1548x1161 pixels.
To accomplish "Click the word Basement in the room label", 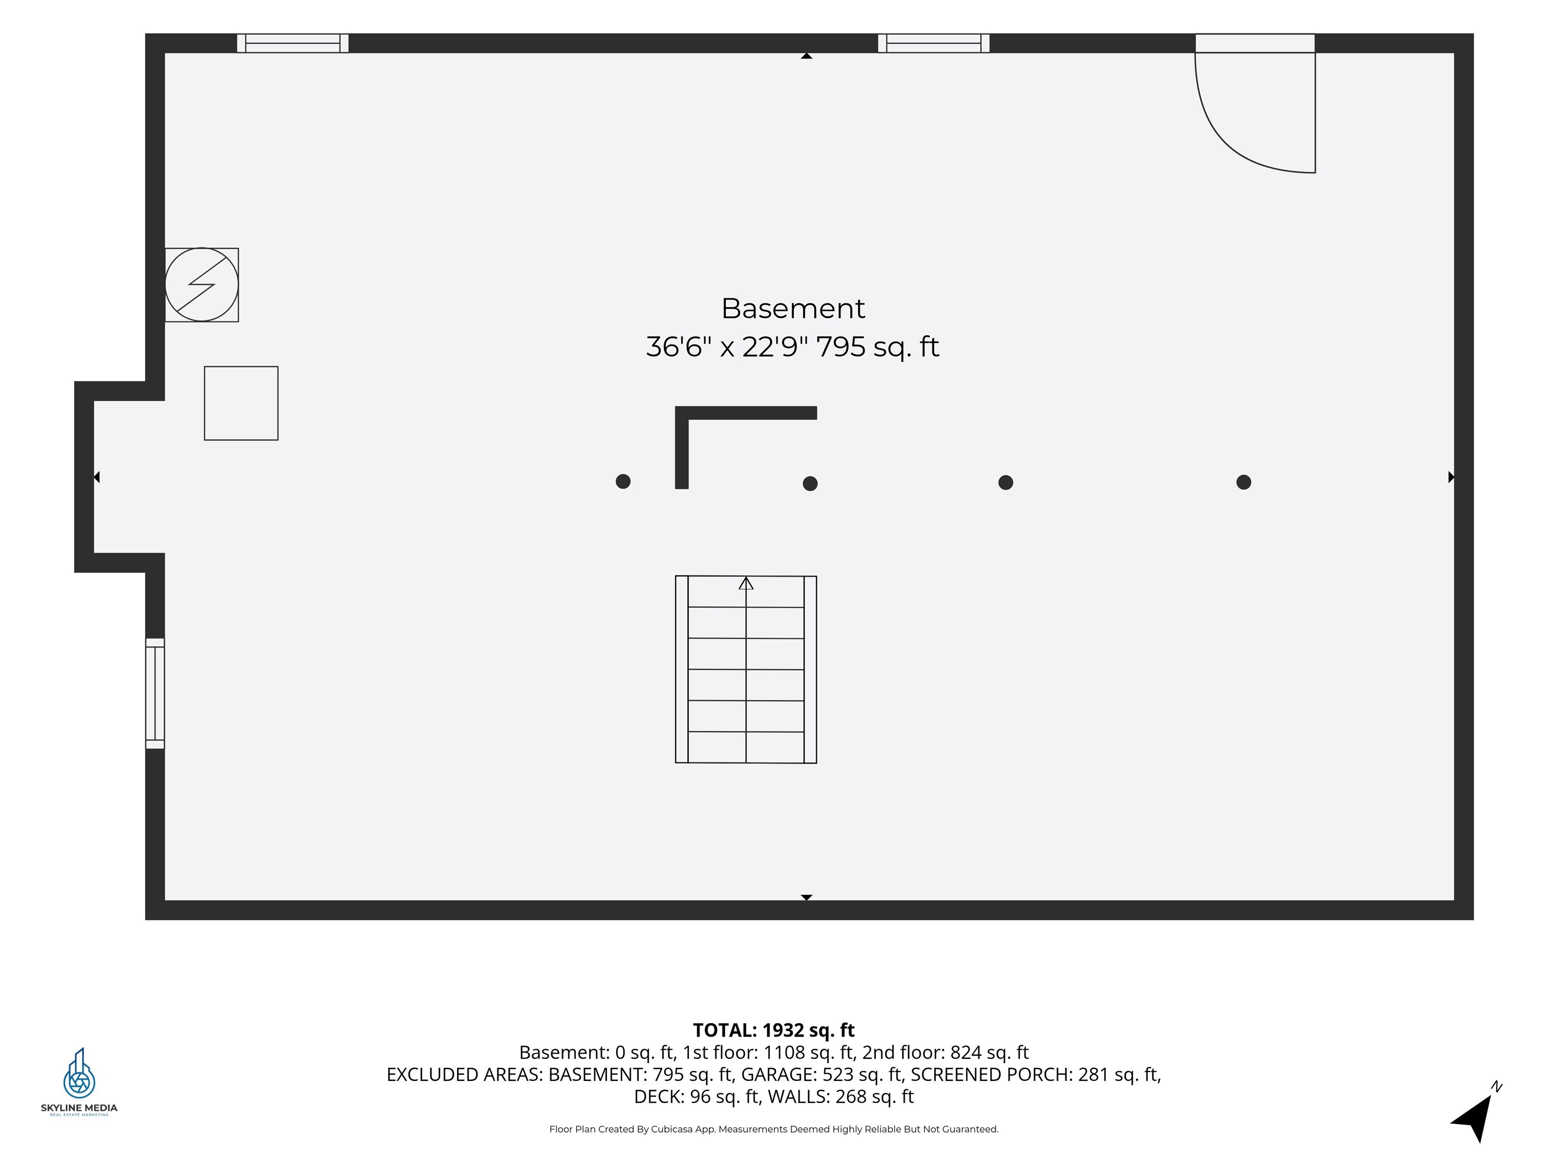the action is (x=793, y=308).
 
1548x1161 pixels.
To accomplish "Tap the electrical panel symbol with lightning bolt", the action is (x=202, y=285).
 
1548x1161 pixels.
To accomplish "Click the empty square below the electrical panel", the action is (x=241, y=403).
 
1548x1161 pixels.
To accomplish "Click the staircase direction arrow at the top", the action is (x=746, y=583).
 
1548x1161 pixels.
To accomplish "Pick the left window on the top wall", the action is (x=293, y=43).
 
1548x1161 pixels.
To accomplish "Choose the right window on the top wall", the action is (x=934, y=43).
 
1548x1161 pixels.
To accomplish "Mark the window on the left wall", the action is (x=155, y=693).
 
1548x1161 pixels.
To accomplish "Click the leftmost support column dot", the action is (x=623, y=481).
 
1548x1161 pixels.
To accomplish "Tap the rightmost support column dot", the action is (x=1244, y=482).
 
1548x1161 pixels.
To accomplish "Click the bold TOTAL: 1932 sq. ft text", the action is (x=773, y=1030).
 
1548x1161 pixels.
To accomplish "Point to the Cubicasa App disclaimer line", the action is (x=774, y=1129).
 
